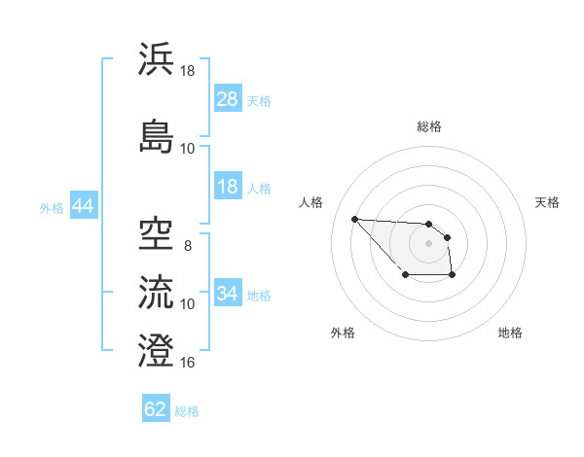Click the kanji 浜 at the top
click(157, 59)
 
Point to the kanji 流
click(157, 290)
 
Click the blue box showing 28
click(228, 99)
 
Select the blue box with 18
click(228, 188)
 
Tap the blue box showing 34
click(228, 295)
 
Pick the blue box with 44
click(83, 206)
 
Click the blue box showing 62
click(156, 409)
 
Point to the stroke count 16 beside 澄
click(189, 363)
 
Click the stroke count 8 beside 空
click(188, 245)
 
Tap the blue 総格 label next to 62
click(187, 411)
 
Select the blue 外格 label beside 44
click(52, 207)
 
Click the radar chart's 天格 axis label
click(547, 202)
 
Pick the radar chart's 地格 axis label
click(510, 333)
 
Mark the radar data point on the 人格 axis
click(354, 219)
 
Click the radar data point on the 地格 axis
click(453, 276)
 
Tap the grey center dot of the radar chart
click(428, 243)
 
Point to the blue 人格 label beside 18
click(259, 189)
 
